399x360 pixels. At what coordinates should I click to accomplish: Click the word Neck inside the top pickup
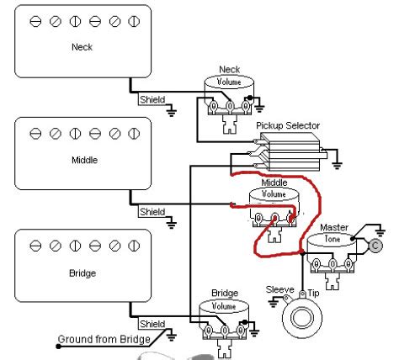click(x=82, y=48)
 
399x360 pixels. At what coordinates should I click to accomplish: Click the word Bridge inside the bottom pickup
click(x=82, y=273)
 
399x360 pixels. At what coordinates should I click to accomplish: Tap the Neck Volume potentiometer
click(x=229, y=90)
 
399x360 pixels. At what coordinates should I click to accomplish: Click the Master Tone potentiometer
click(x=328, y=247)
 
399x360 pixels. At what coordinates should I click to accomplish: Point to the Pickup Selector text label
click(x=288, y=126)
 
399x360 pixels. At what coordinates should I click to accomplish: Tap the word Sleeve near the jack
click(x=279, y=289)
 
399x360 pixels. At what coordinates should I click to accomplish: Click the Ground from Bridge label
click(x=104, y=340)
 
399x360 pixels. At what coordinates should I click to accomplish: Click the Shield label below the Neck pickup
click(x=152, y=99)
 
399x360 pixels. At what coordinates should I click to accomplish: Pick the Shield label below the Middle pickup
click(x=152, y=212)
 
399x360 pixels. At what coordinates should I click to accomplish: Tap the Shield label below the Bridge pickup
click(x=152, y=324)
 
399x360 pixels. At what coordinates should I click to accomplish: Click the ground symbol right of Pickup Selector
click(x=337, y=161)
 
